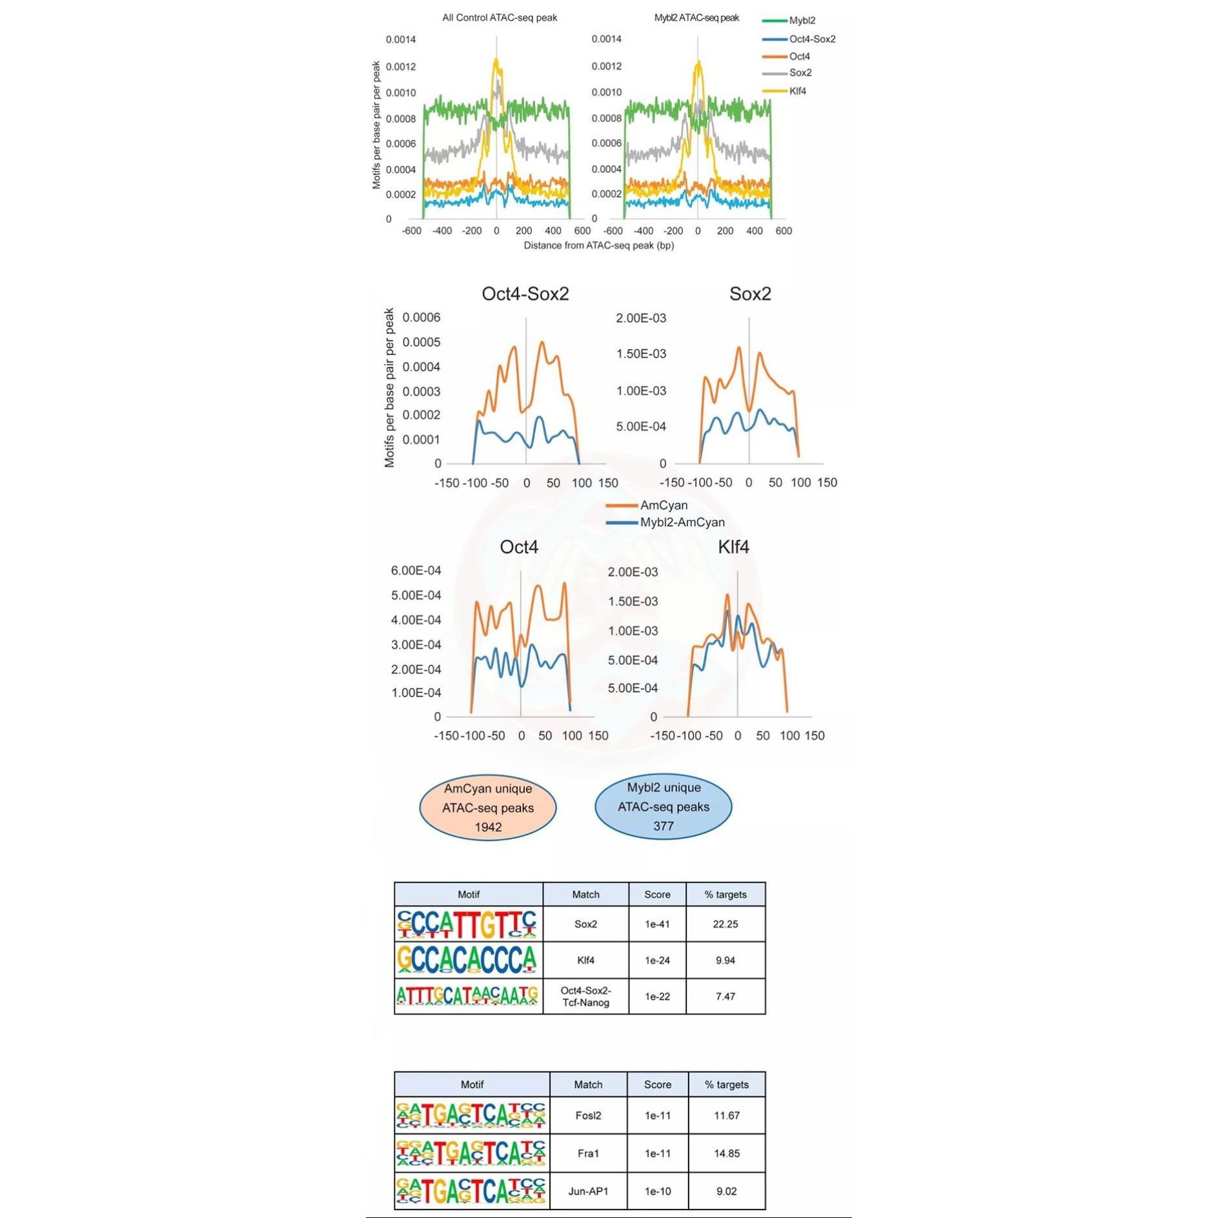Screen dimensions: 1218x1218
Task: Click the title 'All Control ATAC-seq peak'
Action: click(499, 17)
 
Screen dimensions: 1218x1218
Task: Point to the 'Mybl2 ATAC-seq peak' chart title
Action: click(696, 17)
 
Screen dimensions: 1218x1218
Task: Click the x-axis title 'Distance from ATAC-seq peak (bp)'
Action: click(598, 245)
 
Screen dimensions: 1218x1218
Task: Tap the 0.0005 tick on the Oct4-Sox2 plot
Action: click(421, 342)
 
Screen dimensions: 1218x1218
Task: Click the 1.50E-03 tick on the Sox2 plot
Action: click(640, 354)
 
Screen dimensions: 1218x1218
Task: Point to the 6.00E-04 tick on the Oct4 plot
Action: click(416, 571)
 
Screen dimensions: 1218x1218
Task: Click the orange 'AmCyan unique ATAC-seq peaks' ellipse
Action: click(488, 807)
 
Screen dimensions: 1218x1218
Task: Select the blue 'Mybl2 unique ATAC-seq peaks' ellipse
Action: click(663, 806)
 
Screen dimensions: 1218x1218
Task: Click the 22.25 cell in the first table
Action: click(725, 924)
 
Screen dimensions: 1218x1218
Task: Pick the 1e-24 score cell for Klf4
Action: click(657, 960)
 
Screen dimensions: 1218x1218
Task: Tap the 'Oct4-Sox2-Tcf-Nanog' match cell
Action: click(585, 996)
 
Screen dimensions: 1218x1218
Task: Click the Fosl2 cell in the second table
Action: click(588, 1115)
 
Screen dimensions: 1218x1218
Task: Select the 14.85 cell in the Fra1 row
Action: click(726, 1153)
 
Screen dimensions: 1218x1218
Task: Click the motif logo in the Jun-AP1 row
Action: click(471, 1191)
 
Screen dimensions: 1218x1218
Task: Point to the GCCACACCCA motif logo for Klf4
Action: click(468, 960)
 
